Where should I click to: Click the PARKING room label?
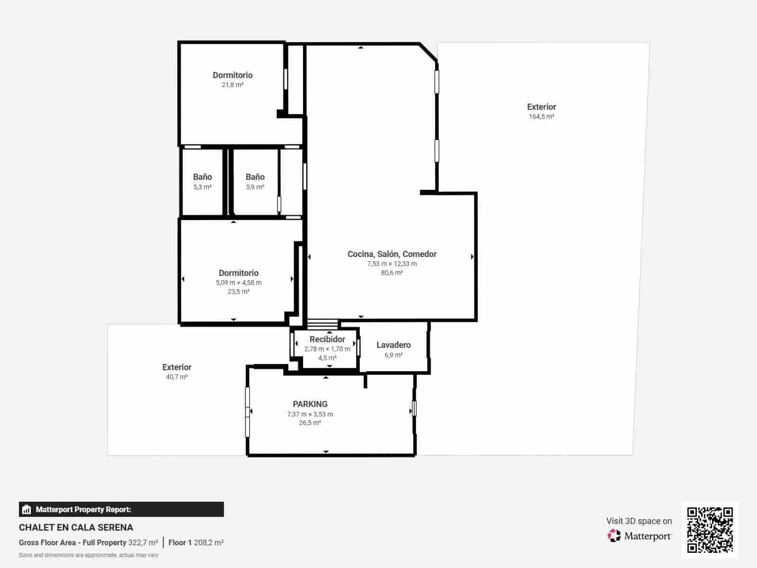tap(310, 404)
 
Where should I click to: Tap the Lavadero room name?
tap(393, 345)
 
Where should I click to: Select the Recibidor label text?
tap(327, 339)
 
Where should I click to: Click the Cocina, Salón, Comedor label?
tap(392, 254)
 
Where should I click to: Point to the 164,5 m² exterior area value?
tap(542, 116)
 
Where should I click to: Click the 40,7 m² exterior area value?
tap(177, 377)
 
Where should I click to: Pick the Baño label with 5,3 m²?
tap(203, 177)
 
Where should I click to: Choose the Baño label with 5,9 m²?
tap(255, 177)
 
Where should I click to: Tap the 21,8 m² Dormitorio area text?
tap(232, 85)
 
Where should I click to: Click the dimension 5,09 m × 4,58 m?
tap(239, 283)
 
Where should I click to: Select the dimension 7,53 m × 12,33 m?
tap(392, 264)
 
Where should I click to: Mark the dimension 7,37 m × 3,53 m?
tap(310, 414)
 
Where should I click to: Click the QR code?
tap(710, 530)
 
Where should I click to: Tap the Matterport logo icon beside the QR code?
tap(614, 536)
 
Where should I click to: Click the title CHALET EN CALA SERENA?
tap(76, 527)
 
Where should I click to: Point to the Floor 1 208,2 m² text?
tap(196, 542)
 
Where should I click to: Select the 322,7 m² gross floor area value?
tap(143, 542)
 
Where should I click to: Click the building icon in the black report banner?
tap(27, 509)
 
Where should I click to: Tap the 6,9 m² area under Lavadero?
tap(393, 355)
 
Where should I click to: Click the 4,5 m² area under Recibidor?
tap(327, 358)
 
